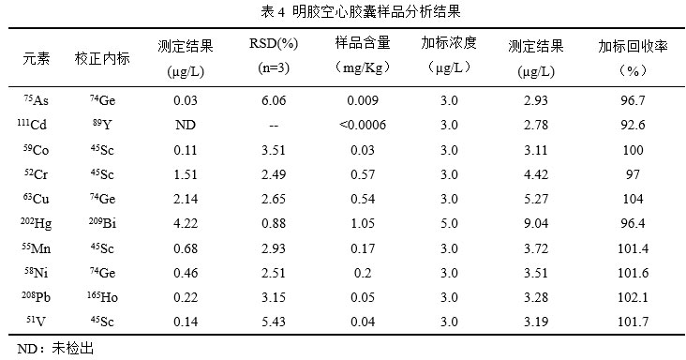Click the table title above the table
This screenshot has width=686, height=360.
click(344, 11)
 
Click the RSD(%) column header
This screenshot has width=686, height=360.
click(273, 44)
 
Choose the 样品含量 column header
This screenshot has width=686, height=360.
click(363, 44)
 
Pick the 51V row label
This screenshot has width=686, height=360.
click(37, 322)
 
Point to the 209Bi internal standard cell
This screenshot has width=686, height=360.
click(102, 223)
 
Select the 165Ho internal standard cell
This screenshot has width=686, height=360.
click(102, 297)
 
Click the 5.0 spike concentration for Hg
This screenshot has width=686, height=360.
click(448, 223)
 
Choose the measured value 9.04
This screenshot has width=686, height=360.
click(535, 223)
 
